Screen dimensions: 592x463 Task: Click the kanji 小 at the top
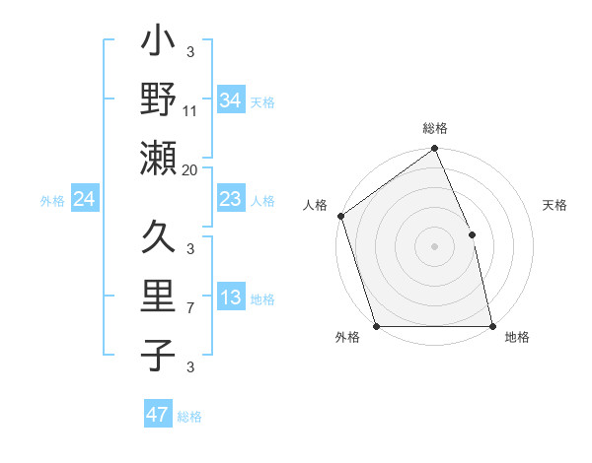click(x=159, y=45)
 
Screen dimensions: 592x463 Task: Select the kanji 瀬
click(x=159, y=158)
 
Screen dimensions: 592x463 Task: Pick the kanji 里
click(x=159, y=297)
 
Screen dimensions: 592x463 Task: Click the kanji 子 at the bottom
click(x=159, y=354)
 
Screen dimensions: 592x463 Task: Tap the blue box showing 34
click(x=231, y=100)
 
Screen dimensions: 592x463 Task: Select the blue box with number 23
click(x=231, y=199)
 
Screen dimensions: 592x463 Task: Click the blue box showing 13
click(x=231, y=298)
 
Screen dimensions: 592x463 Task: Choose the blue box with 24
click(x=85, y=199)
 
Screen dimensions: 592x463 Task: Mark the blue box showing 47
click(x=158, y=415)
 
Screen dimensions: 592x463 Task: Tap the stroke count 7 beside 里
click(x=190, y=309)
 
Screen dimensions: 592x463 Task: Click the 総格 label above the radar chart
click(x=435, y=129)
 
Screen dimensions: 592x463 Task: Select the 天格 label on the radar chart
click(x=555, y=206)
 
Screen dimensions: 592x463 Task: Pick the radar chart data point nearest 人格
click(x=340, y=216)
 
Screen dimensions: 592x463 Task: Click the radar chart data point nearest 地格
click(x=492, y=326)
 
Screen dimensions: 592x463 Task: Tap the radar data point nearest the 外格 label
click(x=376, y=326)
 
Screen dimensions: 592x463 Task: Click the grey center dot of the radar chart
click(x=434, y=245)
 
